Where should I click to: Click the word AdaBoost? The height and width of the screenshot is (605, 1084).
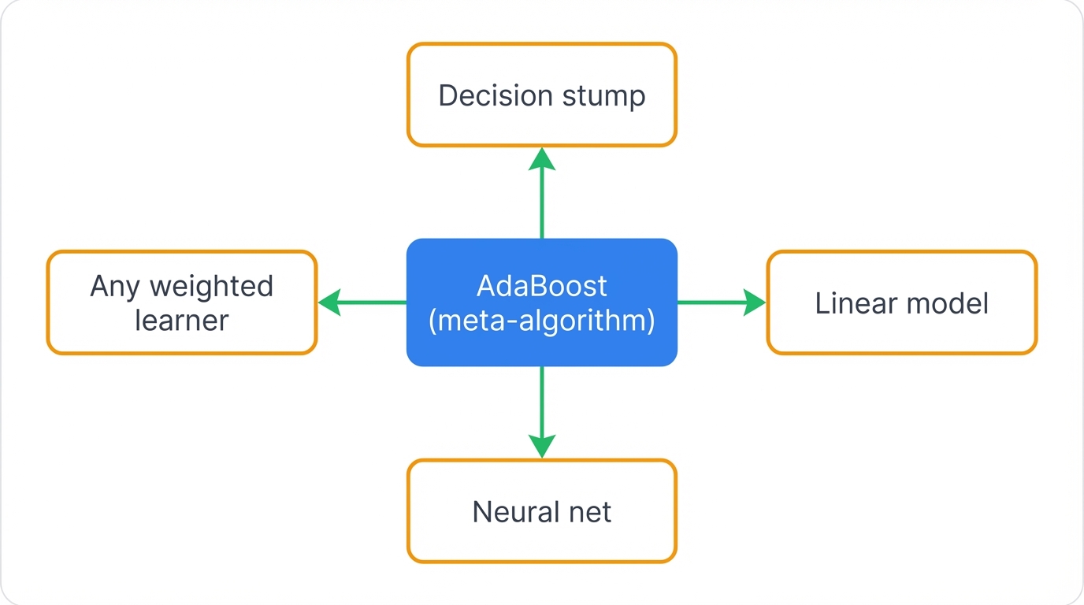tap(542, 285)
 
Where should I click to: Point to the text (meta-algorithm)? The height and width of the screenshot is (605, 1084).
tap(542, 321)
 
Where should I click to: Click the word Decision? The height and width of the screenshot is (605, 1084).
tap(484, 95)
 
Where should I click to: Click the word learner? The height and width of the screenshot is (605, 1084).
tap(182, 320)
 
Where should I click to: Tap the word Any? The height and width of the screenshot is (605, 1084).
tap(114, 286)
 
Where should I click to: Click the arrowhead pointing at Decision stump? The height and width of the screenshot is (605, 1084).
tap(542, 158)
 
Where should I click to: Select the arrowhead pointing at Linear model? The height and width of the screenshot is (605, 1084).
tap(754, 302)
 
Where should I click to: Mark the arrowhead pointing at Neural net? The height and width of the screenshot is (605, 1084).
tap(542, 446)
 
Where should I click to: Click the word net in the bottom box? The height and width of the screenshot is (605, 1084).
tap(588, 512)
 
